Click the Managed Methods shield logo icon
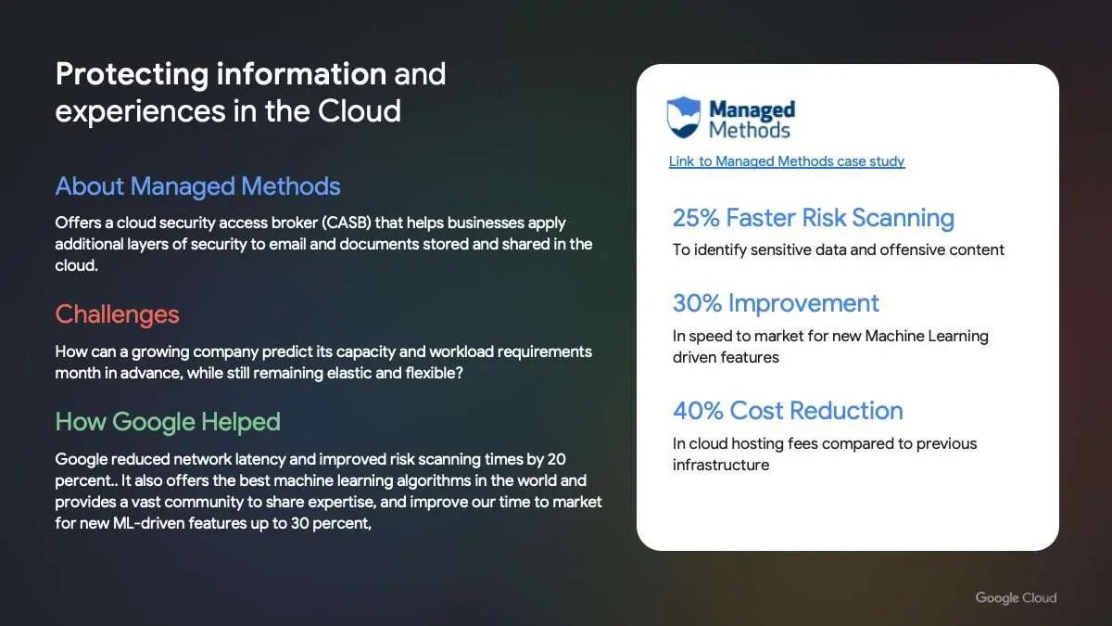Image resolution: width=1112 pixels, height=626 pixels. (x=684, y=117)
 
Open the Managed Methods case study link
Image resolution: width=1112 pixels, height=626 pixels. (x=787, y=161)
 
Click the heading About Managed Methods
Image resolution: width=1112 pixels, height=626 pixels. (x=197, y=186)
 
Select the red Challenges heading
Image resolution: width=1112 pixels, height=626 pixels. (x=117, y=314)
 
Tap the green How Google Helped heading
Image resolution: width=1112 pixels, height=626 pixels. (x=168, y=422)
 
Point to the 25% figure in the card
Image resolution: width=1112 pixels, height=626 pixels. (x=696, y=218)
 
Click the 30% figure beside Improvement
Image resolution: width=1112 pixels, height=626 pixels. (x=697, y=303)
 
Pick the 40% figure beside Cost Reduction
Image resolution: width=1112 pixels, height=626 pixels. (x=698, y=411)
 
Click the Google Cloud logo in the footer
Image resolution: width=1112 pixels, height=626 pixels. (x=1016, y=597)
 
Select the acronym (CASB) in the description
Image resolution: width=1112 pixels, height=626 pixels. (x=347, y=223)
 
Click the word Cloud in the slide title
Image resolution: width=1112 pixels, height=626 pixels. (x=359, y=110)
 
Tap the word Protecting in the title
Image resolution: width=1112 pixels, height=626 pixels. (x=132, y=74)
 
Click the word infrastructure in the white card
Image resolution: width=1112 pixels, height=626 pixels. (x=721, y=465)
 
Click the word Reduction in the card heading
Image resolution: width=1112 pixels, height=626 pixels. (x=846, y=411)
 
